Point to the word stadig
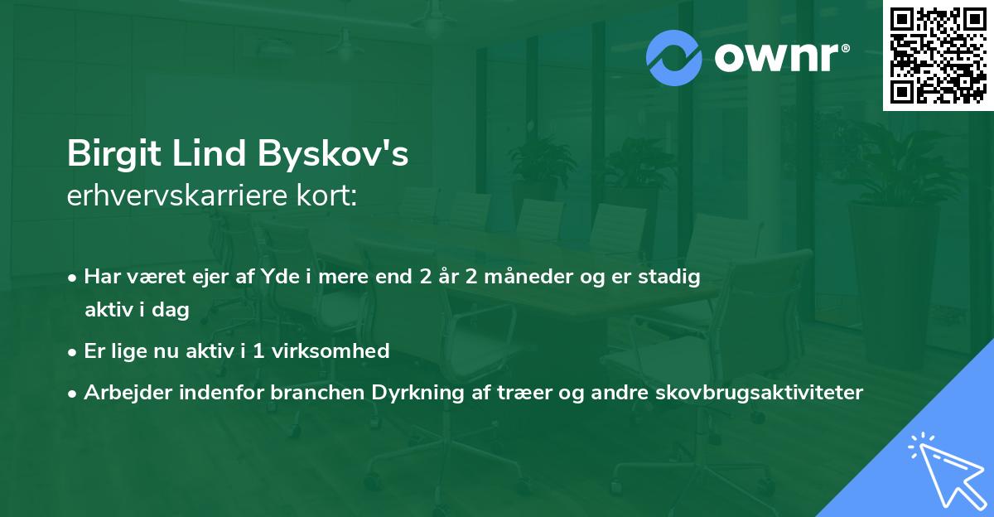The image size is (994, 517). pos(672,277)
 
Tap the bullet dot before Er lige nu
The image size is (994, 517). pos(74,351)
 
